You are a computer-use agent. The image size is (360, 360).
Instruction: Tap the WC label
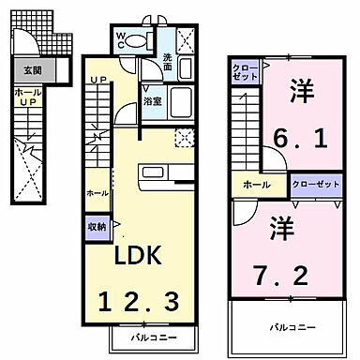click(121, 38)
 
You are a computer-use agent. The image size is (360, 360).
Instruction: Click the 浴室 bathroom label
click(151, 101)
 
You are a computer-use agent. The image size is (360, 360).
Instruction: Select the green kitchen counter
click(166, 173)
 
